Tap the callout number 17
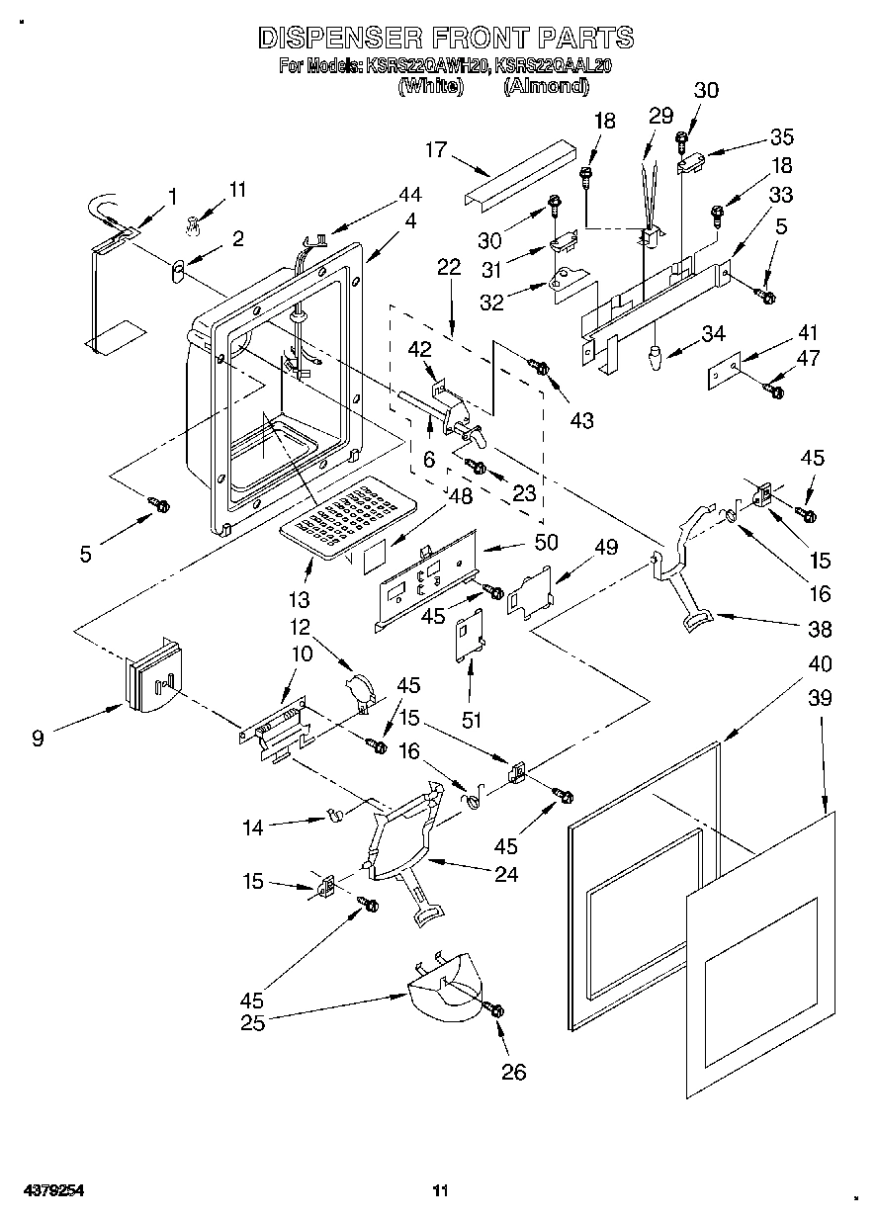(x=436, y=149)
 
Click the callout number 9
(x=38, y=738)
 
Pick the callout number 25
(x=253, y=1023)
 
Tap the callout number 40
(x=820, y=663)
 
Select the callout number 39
(x=820, y=698)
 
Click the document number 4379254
(x=42, y=1191)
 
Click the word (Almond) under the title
(x=546, y=86)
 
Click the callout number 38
(x=820, y=629)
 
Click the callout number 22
(x=449, y=266)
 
